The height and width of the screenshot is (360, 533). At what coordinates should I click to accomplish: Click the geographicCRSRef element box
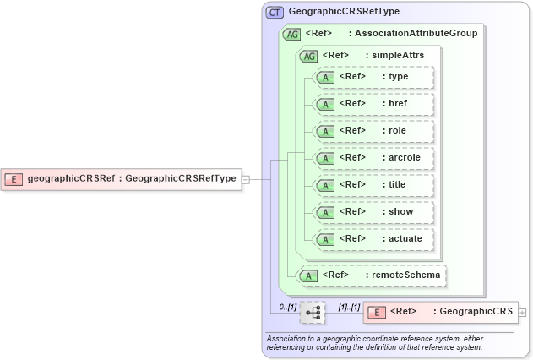click(122, 178)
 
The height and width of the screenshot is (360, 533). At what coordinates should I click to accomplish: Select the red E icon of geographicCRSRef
click(14, 178)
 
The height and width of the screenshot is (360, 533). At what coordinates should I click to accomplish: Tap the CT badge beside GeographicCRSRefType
click(275, 12)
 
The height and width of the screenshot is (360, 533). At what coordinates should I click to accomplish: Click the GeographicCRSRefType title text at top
click(344, 12)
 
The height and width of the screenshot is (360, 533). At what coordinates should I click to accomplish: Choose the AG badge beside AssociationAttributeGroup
click(291, 34)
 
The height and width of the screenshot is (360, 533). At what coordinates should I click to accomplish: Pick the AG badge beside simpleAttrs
click(308, 55)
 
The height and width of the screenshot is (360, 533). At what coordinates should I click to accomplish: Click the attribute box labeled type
click(373, 77)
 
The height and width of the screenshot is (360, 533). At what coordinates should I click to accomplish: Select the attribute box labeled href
click(373, 104)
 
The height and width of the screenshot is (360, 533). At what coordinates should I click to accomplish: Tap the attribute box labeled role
click(373, 131)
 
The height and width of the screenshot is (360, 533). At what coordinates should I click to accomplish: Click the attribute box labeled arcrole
click(373, 158)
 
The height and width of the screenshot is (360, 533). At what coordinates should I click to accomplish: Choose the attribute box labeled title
click(373, 185)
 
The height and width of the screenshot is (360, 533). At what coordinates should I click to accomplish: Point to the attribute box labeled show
click(373, 212)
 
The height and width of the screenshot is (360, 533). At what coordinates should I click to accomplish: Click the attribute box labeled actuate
click(373, 239)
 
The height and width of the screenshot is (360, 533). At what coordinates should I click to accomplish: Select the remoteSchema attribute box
click(372, 275)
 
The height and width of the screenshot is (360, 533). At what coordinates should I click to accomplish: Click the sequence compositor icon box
click(313, 312)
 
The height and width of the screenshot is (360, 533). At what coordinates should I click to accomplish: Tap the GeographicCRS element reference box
click(440, 312)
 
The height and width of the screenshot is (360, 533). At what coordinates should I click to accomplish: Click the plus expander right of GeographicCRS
click(523, 312)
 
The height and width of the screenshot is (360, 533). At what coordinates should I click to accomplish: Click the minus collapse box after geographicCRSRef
click(246, 179)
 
